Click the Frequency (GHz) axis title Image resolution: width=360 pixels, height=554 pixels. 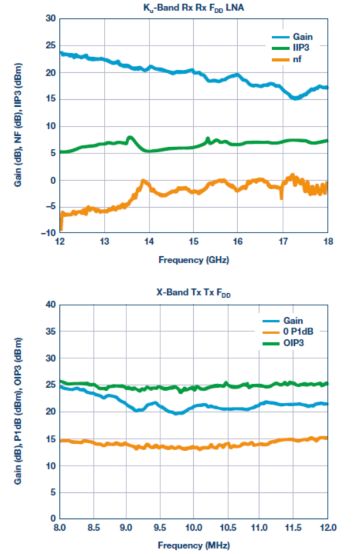click(194, 260)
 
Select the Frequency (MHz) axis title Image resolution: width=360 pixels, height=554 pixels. click(194, 545)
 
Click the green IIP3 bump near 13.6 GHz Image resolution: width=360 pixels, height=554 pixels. click(130, 138)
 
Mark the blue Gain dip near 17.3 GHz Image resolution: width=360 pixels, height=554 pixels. click(295, 98)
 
